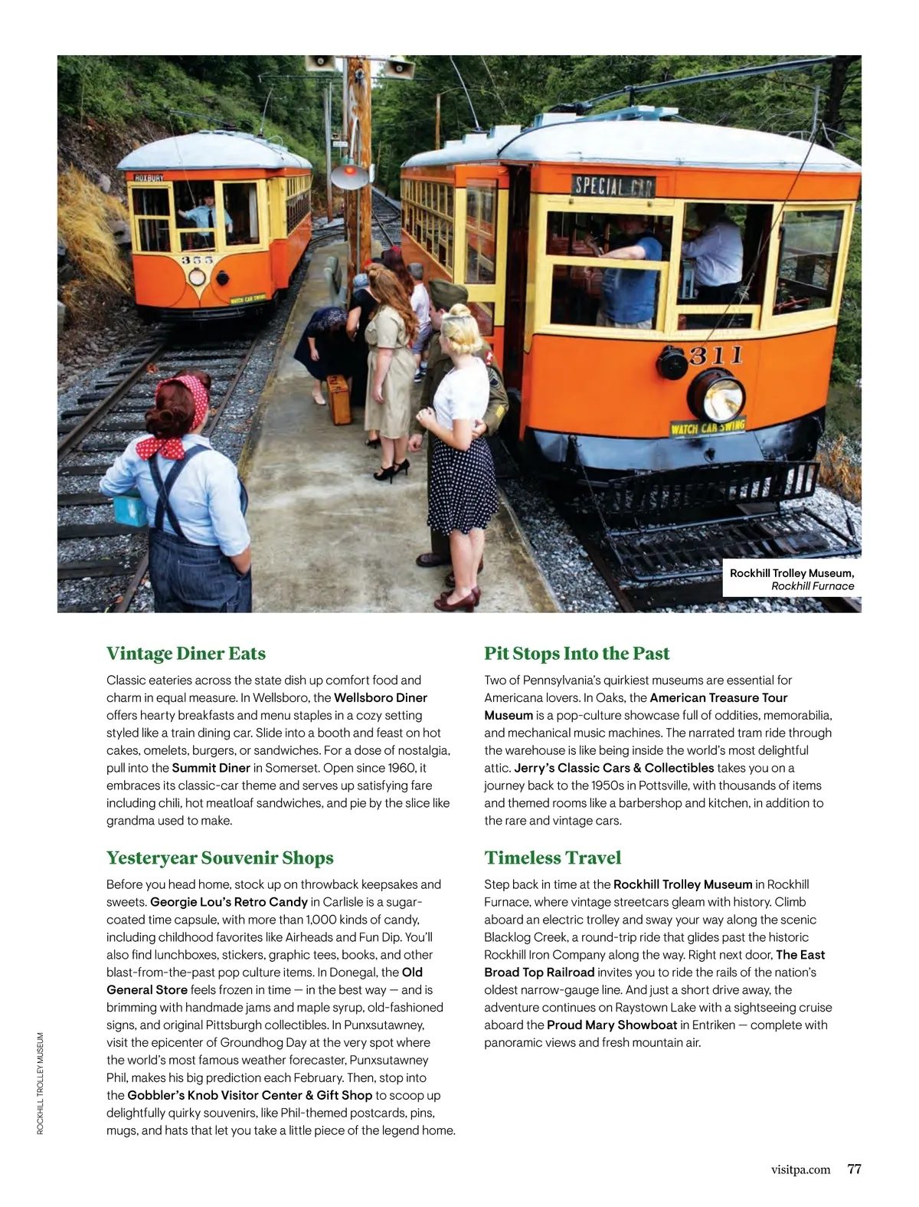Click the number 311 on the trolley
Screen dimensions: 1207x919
[x=716, y=355]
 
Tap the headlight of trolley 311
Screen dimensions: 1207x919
[x=718, y=395]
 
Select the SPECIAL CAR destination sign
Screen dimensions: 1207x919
[x=613, y=185]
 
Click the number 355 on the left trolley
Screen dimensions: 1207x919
[x=198, y=261]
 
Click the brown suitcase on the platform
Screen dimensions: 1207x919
[x=339, y=399]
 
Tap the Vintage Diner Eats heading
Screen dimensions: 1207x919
[x=186, y=654]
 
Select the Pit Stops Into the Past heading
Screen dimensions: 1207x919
[x=577, y=654]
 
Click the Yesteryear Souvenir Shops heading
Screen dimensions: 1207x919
[x=220, y=858]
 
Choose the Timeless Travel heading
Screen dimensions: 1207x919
[x=552, y=858]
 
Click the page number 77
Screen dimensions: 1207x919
[x=854, y=1169]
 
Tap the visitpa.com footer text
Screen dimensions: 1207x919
[x=800, y=1170]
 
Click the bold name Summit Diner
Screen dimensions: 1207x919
[x=211, y=768]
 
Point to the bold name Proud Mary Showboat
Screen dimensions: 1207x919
[x=612, y=1025]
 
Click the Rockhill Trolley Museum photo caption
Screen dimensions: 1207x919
[x=791, y=579]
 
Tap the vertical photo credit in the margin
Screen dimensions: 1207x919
[x=41, y=1084]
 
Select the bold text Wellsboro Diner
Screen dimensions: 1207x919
[x=381, y=697]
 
